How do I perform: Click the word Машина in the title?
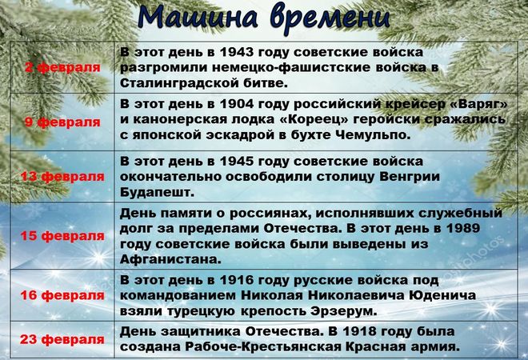coord(198,17)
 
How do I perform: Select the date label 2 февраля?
coord(62,67)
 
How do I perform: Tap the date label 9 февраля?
coord(62,122)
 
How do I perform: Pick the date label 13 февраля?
coord(62,176)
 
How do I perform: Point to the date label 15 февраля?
coord(62,236)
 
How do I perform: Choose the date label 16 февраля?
coord(62,295)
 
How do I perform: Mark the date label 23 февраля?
coord(62,339)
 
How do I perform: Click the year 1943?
coord(236,52)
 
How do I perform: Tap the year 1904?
coord(236,104)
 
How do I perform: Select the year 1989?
coord(463,228)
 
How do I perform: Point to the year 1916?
coord(236,280)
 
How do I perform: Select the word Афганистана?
coord(170,259)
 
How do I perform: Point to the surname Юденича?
coord(442,296)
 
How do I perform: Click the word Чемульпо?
coord(374,135)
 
